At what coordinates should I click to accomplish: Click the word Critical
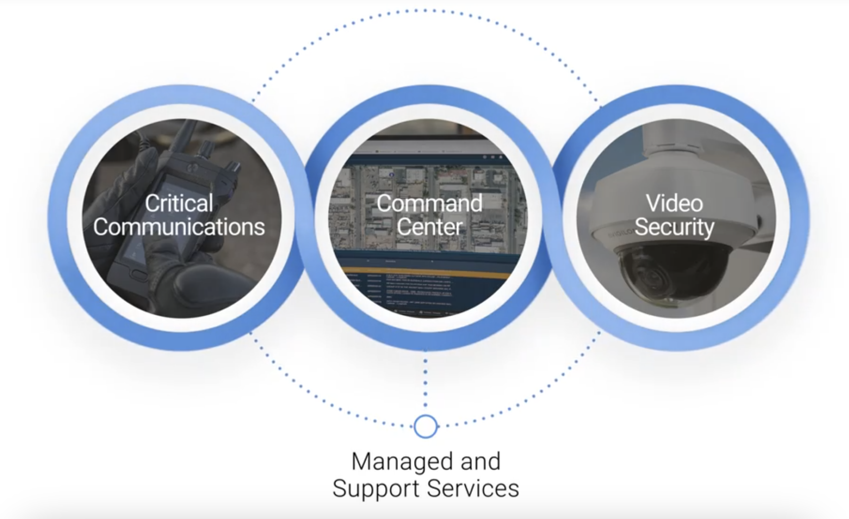[179, 204]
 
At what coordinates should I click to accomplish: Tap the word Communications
[179, 227]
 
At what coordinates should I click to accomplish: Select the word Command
[429, 204]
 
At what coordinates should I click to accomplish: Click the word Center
[429, 227]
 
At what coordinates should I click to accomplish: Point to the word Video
[674, 204]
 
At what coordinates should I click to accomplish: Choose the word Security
[674, 227]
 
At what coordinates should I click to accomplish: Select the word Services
[473, 489]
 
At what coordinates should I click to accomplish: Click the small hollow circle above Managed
[425, 426]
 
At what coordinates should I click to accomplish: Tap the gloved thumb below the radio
[203, 284]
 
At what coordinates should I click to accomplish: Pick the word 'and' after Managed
[481, 462]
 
